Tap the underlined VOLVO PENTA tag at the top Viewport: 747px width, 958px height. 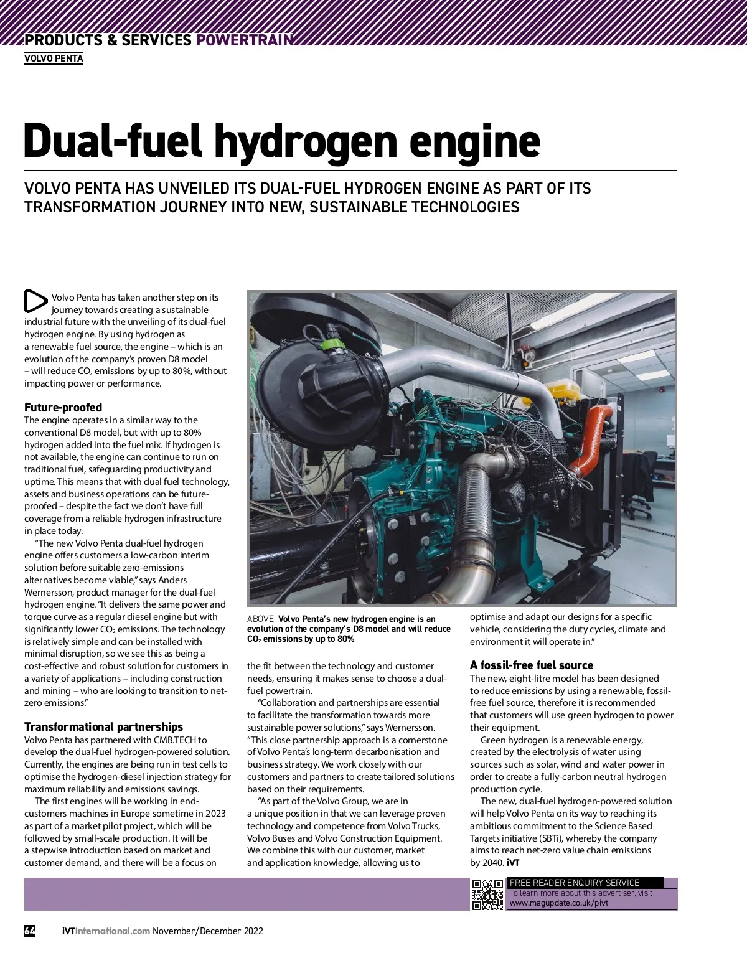coord(54,59)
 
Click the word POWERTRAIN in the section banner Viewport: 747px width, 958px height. coord(244,40)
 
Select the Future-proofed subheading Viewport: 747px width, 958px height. coord(63,408)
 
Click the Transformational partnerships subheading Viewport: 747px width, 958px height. coord(103,727)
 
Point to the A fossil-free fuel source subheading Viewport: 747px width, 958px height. coord(531,665)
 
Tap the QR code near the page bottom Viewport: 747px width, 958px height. coord(487,895)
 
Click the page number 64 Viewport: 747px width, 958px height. coord(30,931)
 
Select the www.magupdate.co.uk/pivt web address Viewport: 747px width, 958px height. coord(558,903)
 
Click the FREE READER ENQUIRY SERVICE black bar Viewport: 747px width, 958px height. coord(585,883)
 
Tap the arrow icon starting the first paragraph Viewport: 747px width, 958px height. coord(35,301)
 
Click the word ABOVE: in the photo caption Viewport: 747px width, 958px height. coord(261,619)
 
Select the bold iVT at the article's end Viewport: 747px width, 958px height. coord(513,863)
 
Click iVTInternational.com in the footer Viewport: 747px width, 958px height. coord(106,931)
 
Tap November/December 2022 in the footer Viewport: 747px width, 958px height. coord(208,931)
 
